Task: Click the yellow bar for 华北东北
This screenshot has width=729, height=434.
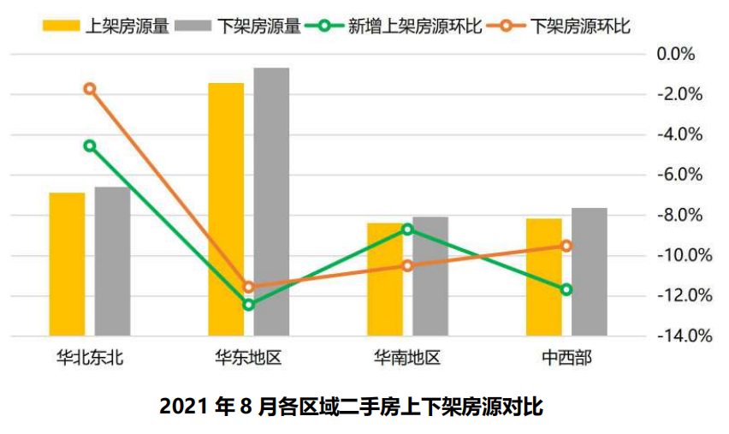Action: pyautogui.click(x=67, y=264)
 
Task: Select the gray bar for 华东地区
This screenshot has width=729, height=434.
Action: pyautogui.click(x=271, y=201)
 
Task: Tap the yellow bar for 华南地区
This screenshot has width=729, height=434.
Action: pyautogui.click(x=385, y=279)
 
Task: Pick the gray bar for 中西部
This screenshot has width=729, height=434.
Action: pyautogui.click(x=590, y=271)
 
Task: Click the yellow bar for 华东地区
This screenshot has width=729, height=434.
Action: pyautogui.click(x=226, y=209)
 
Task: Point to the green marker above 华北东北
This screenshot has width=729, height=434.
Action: pyautogui.click(x=90, y=146)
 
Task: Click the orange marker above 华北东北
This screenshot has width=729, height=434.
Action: pyautogui.click(x=90, y=89)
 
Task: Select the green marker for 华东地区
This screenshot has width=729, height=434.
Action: pyautogui.click(x=249, y=304)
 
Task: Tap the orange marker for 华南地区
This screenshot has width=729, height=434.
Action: pyautogui.click(x=407, y=265)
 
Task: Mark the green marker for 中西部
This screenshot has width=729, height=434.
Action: pyautogui.click(x=566, y=289)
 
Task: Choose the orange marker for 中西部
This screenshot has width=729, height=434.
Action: pyautogui.click(x=566, y=246)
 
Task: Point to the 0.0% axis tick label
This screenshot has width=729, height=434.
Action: pyautogui.click(x=675, y=55)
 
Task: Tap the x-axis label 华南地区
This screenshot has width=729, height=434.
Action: pyautogui.click(x=407, y=358)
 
